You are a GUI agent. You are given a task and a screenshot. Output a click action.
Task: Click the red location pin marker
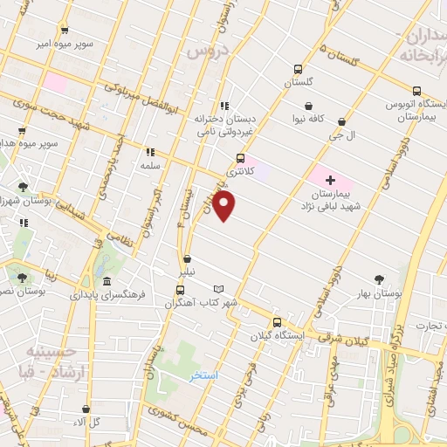coord(225,206)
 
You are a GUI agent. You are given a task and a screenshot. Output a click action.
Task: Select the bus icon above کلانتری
coord(240,158)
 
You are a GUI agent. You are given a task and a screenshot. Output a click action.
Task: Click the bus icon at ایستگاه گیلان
coord(278,321)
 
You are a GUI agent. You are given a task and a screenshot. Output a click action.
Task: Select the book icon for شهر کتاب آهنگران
coord(219,289)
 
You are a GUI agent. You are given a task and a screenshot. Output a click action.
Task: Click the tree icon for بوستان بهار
coord(378,279)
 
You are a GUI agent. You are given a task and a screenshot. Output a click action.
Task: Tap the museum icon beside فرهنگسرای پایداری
coord(107,281)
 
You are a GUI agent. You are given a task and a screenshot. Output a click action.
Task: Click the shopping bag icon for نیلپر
coord(186,258)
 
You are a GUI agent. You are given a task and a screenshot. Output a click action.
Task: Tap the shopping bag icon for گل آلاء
coord(86,408)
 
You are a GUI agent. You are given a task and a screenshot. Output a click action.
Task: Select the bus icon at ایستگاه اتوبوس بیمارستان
coord(416,90)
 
